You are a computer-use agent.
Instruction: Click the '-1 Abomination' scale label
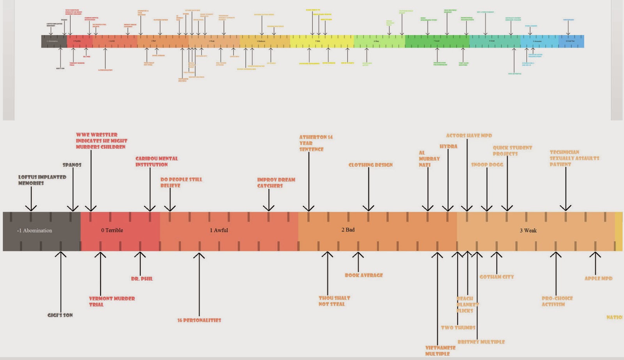point(34,231)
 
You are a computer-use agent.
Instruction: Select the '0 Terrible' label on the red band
point(112,231)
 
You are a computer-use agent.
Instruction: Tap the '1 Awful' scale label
point(219,231)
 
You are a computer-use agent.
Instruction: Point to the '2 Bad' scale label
point(348,230)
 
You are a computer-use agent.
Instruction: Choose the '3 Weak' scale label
point(528,231)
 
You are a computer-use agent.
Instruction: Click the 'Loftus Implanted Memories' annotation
point(42,180)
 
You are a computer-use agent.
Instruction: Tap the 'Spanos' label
point(72,165)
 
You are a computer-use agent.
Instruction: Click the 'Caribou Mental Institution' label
point(156,161)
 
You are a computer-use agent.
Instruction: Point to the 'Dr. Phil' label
point(142,279)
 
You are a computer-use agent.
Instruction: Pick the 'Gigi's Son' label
point(60,315)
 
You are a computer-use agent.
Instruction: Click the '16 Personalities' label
point(199,320)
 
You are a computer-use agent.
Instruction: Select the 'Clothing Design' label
point(370,165)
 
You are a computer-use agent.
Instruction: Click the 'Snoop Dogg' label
point(487,165)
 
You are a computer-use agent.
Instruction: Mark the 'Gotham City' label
point(496,277)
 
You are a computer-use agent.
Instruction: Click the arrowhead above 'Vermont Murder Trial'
point(100,255)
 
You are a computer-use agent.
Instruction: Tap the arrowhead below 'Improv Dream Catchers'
point(269,207)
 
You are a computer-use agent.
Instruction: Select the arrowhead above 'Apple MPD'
point(595,255)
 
